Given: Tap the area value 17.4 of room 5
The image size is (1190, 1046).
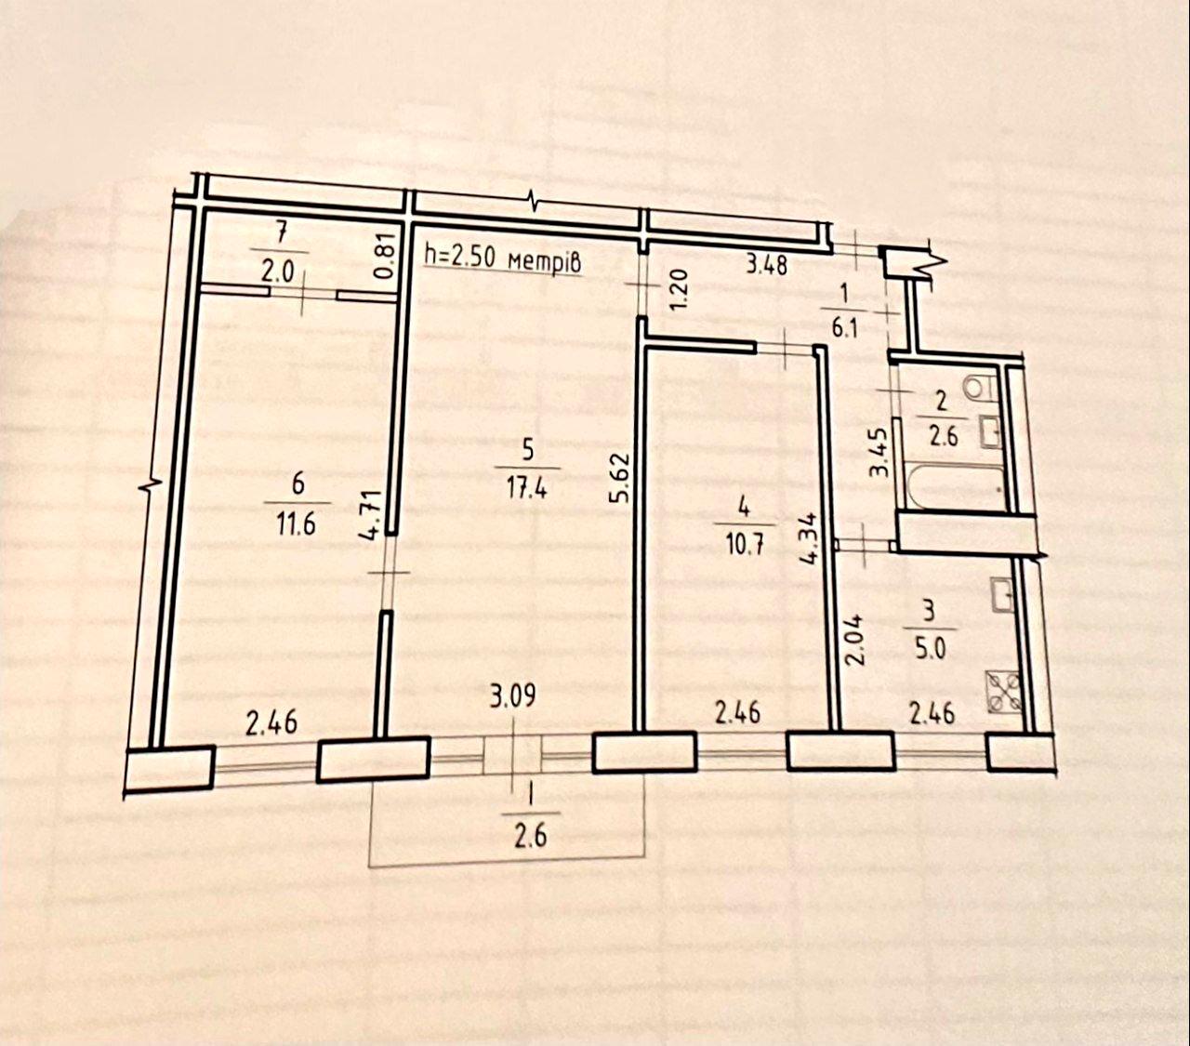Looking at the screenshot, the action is [x=528, y=488].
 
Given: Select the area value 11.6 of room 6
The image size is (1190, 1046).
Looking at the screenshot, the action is [x=297, y=523].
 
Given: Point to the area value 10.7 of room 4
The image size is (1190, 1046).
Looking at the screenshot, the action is [x=744, y=546].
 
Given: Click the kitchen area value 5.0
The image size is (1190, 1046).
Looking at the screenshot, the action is [x=930, y=650].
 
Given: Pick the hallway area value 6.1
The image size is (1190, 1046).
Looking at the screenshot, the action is [x=845, y=327].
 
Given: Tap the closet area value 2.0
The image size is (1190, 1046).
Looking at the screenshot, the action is [x=278, y=271].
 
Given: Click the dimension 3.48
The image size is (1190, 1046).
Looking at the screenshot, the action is [x=766, y=264].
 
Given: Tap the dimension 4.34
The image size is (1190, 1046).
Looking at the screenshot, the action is [x=808, y=538].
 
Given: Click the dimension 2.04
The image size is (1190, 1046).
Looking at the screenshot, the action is [x=856, y=639].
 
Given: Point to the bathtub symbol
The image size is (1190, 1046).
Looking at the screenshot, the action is [x=955, y=485].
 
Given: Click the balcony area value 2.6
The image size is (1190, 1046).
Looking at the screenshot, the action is [x=531, y=835].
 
